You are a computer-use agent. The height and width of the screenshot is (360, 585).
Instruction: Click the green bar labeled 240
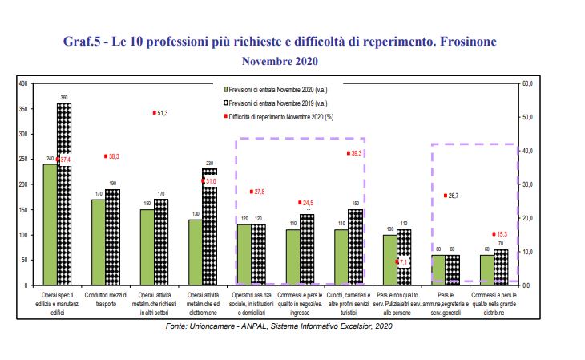[50, 224]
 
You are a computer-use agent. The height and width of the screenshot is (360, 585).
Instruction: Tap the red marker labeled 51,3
[154, 113]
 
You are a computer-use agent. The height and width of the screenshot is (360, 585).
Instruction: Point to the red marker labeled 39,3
[348, 152]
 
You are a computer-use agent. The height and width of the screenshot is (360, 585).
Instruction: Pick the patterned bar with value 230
[209, 229]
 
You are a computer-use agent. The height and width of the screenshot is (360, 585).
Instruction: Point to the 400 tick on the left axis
[22, 83]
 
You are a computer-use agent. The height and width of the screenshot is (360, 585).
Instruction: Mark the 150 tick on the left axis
[22, 209]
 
